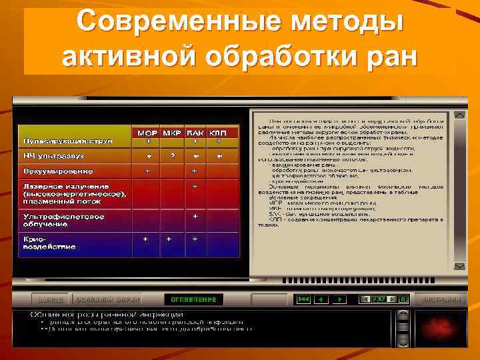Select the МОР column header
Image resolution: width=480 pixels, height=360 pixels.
148,133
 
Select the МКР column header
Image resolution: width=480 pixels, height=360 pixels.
172,133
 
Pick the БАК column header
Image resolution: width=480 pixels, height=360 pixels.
195,133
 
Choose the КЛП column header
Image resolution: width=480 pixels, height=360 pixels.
218,133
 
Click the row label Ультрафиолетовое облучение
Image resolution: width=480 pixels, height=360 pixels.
63,220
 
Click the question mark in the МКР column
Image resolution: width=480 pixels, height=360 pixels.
172,156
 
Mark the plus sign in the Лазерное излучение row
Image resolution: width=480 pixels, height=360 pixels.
195,187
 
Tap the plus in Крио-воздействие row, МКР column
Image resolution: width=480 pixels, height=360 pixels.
169,238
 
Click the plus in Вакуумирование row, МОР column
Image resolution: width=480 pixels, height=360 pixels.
148,171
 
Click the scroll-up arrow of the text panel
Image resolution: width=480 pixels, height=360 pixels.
460,115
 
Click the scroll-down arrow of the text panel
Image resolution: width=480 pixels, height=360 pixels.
460,267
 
